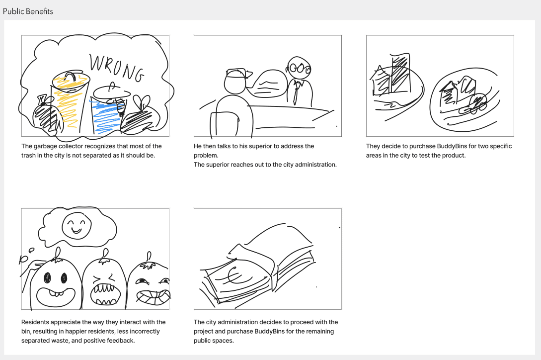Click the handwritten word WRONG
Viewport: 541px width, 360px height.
point(116,68)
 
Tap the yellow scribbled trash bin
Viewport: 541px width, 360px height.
point(70,102)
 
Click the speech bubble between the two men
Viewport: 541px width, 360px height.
point(267,84)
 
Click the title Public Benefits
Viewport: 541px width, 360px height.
point(28,11)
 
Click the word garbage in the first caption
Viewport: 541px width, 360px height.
point(45,147)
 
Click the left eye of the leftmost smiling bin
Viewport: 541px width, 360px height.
point(47,277)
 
